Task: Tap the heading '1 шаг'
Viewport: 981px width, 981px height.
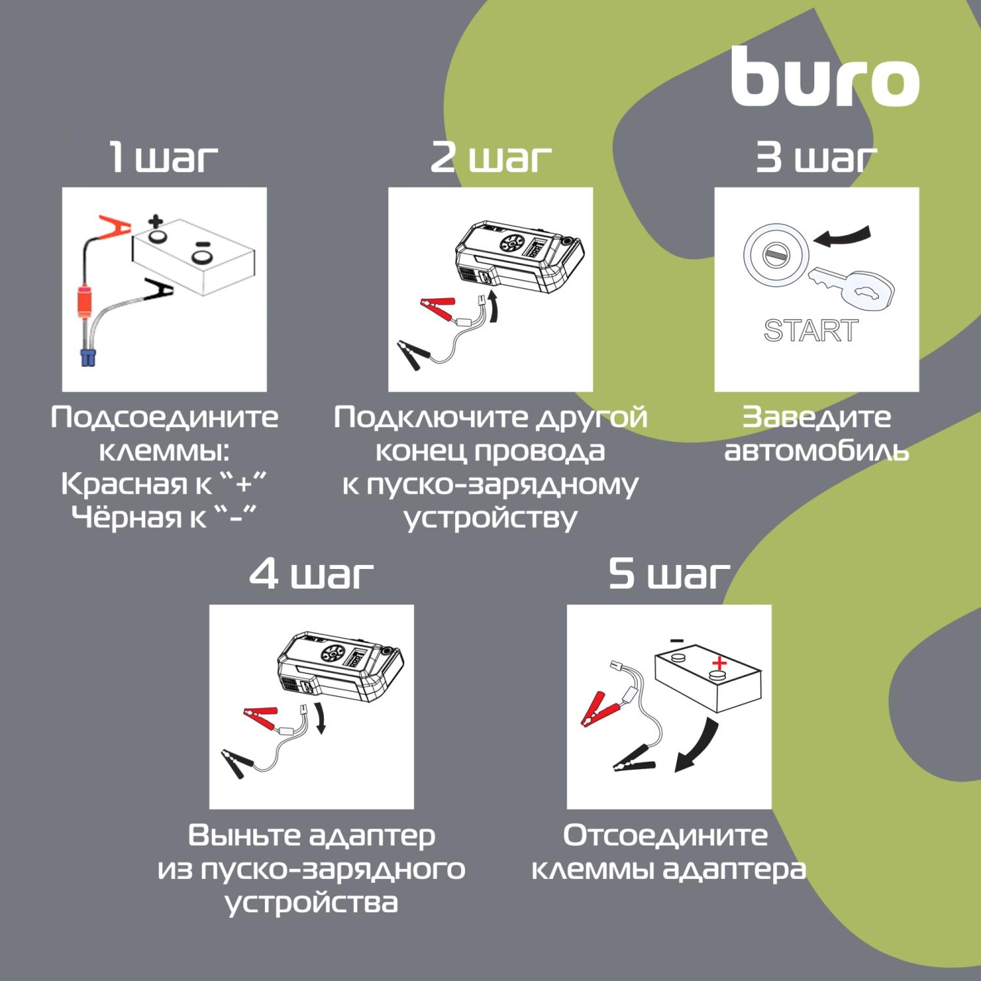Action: [163, 158]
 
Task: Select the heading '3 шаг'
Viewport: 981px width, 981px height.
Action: [816, 158]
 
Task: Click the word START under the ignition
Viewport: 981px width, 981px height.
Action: [811, 331]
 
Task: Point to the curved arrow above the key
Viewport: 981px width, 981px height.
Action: [848, 237]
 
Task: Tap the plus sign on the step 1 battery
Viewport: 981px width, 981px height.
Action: [155, 221]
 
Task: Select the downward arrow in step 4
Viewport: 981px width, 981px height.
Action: [318, 718]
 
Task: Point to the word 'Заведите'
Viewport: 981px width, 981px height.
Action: [816, 417]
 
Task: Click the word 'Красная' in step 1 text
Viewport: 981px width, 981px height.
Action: [119, 485]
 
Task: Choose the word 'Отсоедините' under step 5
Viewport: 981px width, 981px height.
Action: [666, 836]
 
